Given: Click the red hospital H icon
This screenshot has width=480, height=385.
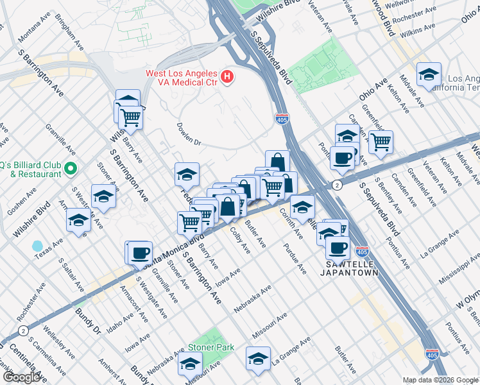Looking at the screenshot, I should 227,78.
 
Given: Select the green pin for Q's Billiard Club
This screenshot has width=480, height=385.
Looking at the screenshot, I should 71,169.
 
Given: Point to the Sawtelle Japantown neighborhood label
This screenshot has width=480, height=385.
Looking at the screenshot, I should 349,268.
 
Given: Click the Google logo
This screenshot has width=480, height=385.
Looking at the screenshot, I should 22,377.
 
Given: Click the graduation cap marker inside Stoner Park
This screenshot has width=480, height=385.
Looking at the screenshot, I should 190,364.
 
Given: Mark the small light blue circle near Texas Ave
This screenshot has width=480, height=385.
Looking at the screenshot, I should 37,246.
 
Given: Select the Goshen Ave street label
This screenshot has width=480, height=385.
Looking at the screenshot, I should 21,203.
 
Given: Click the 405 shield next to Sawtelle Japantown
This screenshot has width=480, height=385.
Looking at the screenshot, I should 363,253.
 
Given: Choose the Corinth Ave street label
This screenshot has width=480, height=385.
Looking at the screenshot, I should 290,225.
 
